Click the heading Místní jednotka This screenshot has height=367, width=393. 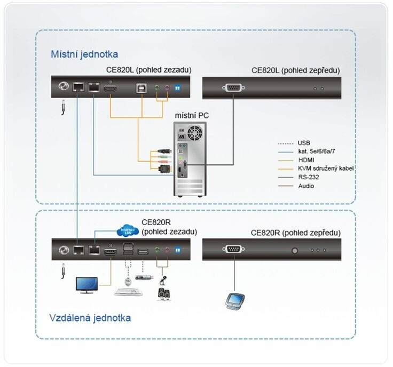[x=84, y=54]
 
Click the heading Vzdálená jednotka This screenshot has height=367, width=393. [x=90, y=318]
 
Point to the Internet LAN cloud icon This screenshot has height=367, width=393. [x=127, y=232]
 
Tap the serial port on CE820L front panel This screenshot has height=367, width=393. [x=234, y=88]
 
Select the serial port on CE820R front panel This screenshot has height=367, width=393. [x=234, y=249]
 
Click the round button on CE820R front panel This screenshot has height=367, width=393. [x=294, y=250]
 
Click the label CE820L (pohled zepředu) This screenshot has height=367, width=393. [x=295, y=70]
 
